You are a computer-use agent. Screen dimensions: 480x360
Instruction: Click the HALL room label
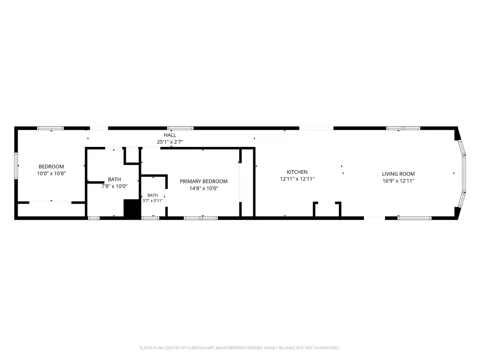click(x=170, y=135)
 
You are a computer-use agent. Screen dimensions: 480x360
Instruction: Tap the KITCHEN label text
click(x=297, y=172)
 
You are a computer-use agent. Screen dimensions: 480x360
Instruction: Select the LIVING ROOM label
click(x=398, y=174)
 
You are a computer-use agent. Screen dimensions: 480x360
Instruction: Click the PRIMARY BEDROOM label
click(x=204, y=181)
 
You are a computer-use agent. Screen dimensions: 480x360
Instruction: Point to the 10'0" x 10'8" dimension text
click(x=51, y=174)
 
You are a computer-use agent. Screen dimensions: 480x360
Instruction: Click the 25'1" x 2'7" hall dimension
click(x=170, y=142)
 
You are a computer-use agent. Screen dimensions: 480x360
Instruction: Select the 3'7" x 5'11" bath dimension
click(x=153, y=201)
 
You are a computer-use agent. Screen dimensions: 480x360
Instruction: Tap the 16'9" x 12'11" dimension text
click(x=398, y=181)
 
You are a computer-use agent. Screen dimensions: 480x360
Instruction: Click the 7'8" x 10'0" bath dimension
click(x=114, y=186)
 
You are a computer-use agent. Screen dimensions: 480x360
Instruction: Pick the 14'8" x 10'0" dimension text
click(x=204, y=188)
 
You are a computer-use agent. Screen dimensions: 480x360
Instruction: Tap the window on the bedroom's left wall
click(x=16, y=166)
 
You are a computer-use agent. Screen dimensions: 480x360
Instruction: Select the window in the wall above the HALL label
click(x=180, y=128)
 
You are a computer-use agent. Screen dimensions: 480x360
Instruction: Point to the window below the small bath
click(x=150, y=218)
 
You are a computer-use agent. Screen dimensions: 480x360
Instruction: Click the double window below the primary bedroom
click(x=201, y=218)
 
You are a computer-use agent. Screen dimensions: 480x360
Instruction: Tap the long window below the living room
click(x=415, y=218)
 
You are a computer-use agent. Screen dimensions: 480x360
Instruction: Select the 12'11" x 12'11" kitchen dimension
click(x=297, y=179)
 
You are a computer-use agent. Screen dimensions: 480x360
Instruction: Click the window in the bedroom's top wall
click(x=50, y=128)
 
